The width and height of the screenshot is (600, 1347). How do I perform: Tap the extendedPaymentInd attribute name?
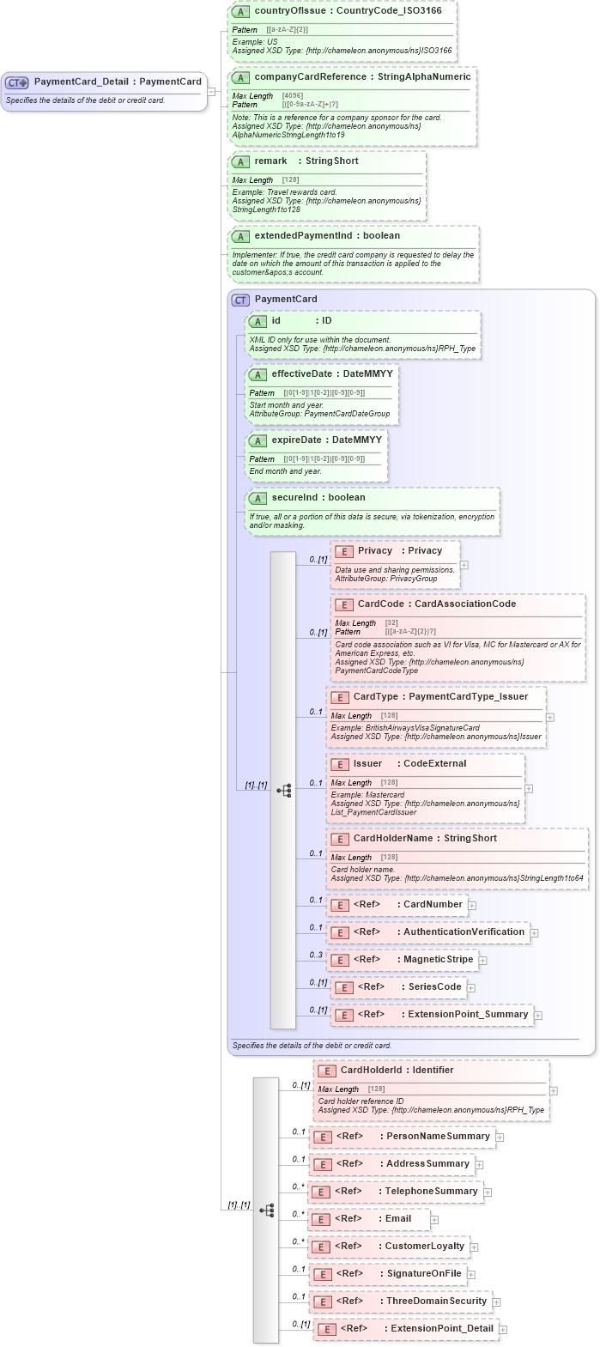point(303,235)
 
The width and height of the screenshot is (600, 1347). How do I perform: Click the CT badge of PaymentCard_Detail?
point(17,82)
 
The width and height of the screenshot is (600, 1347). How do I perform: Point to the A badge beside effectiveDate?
point(258,374)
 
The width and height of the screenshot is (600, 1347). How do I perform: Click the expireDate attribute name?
point(296,440)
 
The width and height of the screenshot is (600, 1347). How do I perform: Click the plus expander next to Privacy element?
point(464,565)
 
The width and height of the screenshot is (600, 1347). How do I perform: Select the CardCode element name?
point(380,604)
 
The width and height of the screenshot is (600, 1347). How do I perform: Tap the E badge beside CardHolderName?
point(339,839)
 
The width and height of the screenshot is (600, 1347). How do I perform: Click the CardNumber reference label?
point(433,904)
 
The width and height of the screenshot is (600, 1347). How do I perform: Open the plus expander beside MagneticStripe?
point(482,961)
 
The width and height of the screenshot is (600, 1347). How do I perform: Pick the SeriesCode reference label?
point(434,986)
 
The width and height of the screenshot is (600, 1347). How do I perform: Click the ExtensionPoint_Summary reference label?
point(468,1014)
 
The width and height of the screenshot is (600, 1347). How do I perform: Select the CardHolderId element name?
point(373,1070)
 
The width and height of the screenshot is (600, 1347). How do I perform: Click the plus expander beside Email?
point(434,1219)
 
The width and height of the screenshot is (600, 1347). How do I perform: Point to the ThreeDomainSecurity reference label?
point(436,1301)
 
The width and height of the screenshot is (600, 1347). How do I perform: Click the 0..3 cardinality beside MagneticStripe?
point(316,955)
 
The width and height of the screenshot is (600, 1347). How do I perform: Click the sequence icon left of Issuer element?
point(283,790)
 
